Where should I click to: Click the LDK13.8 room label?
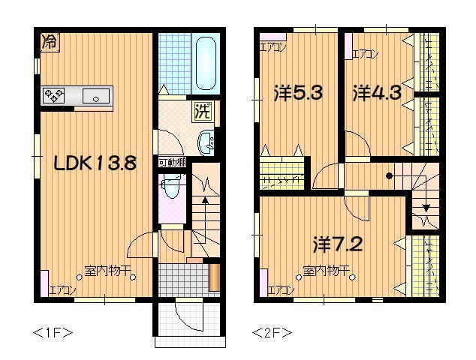pyautogui.click(x=95, y=163)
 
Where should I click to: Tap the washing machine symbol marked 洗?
pyautogui.click(x=203, y=112)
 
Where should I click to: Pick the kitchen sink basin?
pyautogui.click(x=96, y=95)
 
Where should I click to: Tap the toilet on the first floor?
pyautogui.click(x=172, y=187)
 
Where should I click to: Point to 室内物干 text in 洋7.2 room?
pyautogui.click(x=324, y=270)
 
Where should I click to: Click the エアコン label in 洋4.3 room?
pyautogui.click(x=365, y=54)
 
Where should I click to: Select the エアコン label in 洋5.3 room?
pyautogui.click(x=273, y=47)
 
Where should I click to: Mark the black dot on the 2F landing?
pyautogui.click(x=389, y=176)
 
